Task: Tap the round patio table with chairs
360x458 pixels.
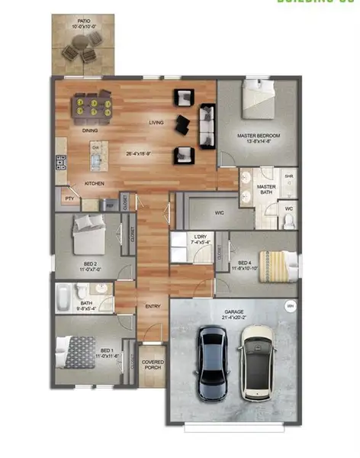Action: (80, 51)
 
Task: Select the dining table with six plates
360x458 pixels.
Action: (91, 105)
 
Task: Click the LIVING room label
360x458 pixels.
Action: (156, 122)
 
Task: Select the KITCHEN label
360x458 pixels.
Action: (95, 184)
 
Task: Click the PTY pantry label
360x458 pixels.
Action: (69, 198)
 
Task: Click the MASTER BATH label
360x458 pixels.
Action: (266, 189)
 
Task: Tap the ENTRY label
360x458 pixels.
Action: (152, 307)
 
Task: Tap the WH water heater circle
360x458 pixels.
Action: (290, 306)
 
